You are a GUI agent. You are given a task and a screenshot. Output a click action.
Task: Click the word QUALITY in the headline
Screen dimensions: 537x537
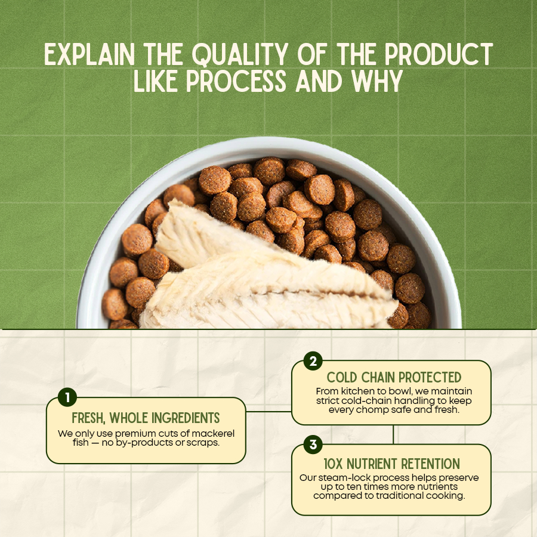240,54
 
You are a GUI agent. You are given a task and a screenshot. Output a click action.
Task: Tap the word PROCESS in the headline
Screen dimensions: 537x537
236,81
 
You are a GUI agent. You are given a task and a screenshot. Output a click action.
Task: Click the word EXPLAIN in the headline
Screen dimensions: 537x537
89,54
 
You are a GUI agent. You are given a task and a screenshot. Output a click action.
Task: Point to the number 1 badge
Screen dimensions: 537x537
67,397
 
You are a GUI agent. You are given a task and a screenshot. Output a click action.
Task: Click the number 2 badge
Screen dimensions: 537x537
313,361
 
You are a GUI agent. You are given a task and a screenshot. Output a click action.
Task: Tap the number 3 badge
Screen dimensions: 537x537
313,445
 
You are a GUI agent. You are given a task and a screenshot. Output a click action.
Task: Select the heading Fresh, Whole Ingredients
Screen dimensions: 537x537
146,418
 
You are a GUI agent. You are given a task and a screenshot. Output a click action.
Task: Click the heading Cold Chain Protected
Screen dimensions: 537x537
394,378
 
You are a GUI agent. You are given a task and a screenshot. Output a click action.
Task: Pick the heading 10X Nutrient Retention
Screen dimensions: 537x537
392,464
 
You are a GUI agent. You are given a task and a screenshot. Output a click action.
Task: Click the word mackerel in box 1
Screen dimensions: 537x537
214,434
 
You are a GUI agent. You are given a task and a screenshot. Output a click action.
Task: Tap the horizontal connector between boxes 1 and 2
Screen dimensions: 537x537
268,411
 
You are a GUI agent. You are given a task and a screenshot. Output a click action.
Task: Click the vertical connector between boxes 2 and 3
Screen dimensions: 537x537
393,434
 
